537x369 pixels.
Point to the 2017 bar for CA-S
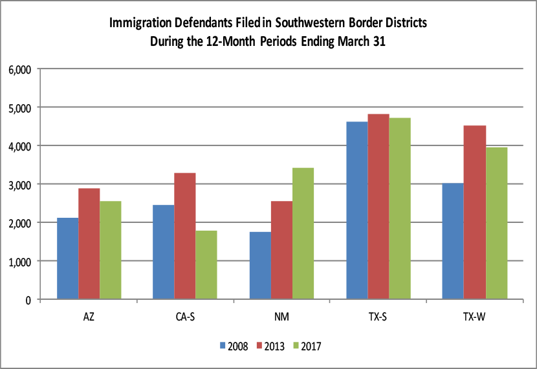207,265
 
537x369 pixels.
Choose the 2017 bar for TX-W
497,223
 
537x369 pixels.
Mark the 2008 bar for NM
260,266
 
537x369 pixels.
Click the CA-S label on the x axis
186,317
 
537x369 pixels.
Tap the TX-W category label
475,317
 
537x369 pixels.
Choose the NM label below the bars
282,317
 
